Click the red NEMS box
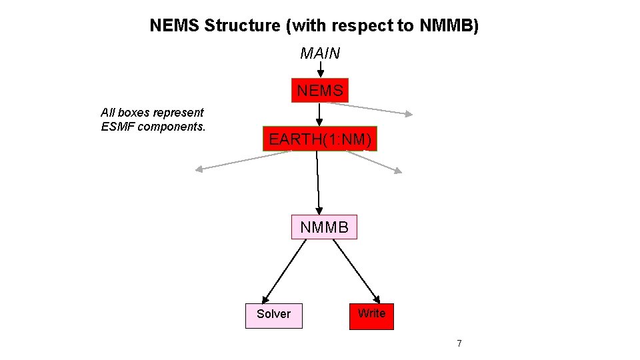tap(320, 90)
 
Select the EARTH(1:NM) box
tap(320, 139)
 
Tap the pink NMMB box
tap(324, 227)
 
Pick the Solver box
tap(274, 314)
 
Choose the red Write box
tap(371, 314)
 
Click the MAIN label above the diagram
tap(320, 53)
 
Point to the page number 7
tap(459, 343)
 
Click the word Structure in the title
tap(243, 26)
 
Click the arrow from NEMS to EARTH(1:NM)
tap(319, 114)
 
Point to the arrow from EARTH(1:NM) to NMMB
tap(318, 183)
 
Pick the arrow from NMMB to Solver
tap(285, 271)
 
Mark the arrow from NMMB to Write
tap(357, 271)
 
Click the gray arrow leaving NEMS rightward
tap(380, 109)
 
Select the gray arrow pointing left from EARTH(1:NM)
tap(243, 161)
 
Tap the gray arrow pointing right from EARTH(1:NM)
tap(375, 162)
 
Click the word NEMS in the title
tap(175, 26)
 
